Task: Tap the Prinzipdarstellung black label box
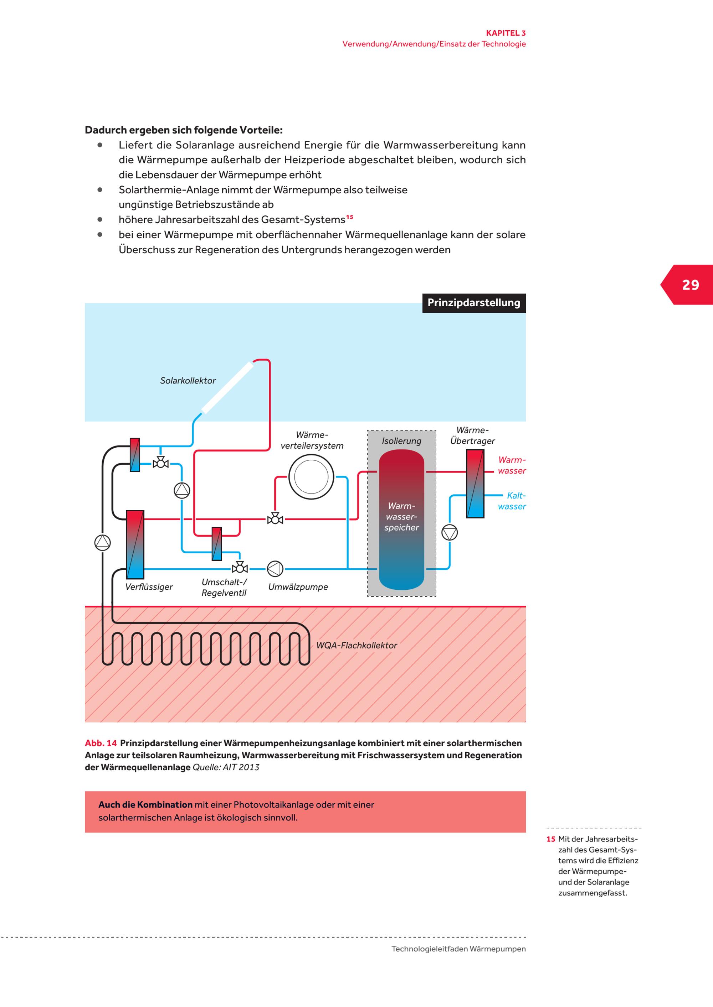474,303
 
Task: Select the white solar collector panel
227,388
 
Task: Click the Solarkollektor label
188,381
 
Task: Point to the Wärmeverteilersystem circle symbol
311,477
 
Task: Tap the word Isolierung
401,441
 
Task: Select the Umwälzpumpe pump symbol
275,569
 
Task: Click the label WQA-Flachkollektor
356,645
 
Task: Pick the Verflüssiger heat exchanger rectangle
135,544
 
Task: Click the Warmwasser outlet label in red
512,465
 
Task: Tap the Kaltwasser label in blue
512,501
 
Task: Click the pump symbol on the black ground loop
102,543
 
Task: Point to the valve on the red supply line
275,519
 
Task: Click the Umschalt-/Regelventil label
224,587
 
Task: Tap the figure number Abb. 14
101,743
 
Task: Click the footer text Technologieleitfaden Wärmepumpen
458,949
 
